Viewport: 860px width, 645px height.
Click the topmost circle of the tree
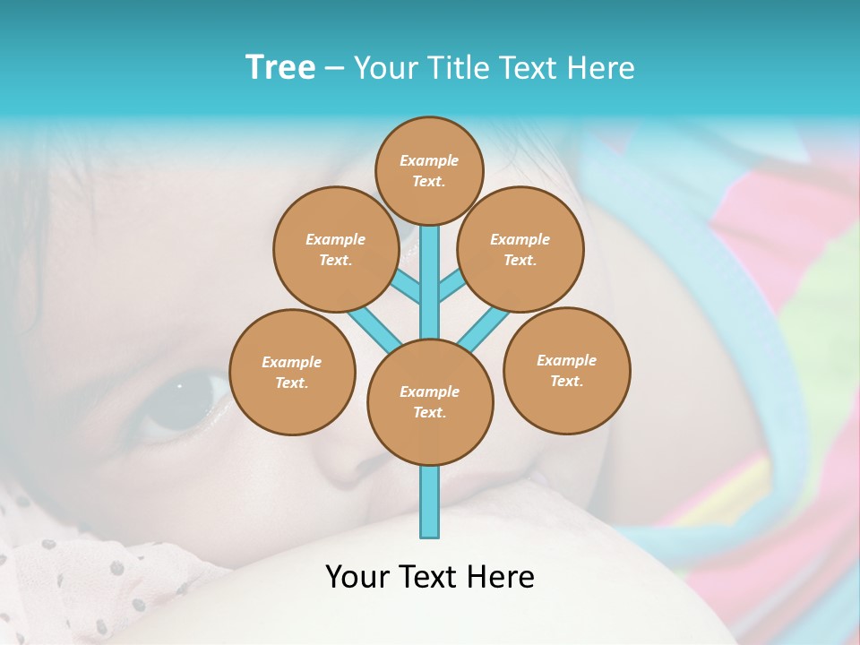click(x=429, y=170)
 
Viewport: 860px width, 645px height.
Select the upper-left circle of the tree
click(x=336, y=249)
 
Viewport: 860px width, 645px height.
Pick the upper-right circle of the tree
click(x=520, y=249)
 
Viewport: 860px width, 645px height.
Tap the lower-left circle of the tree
click(x=292, y=372)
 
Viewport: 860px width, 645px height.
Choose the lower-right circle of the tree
click(x=567, y=370)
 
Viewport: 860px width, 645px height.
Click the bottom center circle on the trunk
click(x=430, y=402)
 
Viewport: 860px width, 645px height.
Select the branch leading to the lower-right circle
click(x=485, y=328)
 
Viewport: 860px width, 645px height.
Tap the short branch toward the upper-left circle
click(x=407, y=287)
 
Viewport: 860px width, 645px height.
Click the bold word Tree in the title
click(x=280, y=67)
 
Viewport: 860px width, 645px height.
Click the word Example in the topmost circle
click(x=429, y=160)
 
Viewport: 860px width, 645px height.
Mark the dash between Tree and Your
click(x=335, y=69)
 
